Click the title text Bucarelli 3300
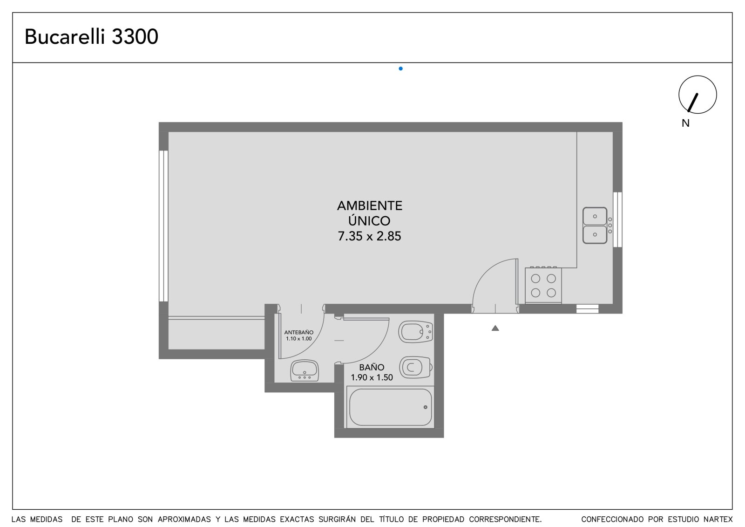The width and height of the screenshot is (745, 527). [91, 37]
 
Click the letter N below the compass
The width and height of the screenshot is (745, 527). [685, 123]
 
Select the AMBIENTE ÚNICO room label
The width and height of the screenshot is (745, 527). [370, 213]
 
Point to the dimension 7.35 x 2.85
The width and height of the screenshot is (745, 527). [370, 236]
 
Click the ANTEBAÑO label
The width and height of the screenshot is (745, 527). [298, 332]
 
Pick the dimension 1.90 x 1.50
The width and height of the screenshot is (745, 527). [372, 377]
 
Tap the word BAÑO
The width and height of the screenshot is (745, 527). [372, 367]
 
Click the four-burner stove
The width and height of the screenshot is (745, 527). [543, 285]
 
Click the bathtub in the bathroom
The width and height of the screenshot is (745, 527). [391, 407]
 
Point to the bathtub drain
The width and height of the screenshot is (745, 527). [426, 407]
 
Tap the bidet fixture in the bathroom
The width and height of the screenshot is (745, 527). [415, 332]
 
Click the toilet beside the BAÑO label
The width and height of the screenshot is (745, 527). [415, 368]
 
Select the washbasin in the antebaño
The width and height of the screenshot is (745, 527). [305, 370]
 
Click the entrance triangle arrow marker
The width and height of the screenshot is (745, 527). [495, 328]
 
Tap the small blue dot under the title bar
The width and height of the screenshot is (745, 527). [401, 68]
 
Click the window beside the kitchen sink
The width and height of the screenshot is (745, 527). [617, 219]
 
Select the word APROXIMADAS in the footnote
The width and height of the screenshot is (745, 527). [184, 520]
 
